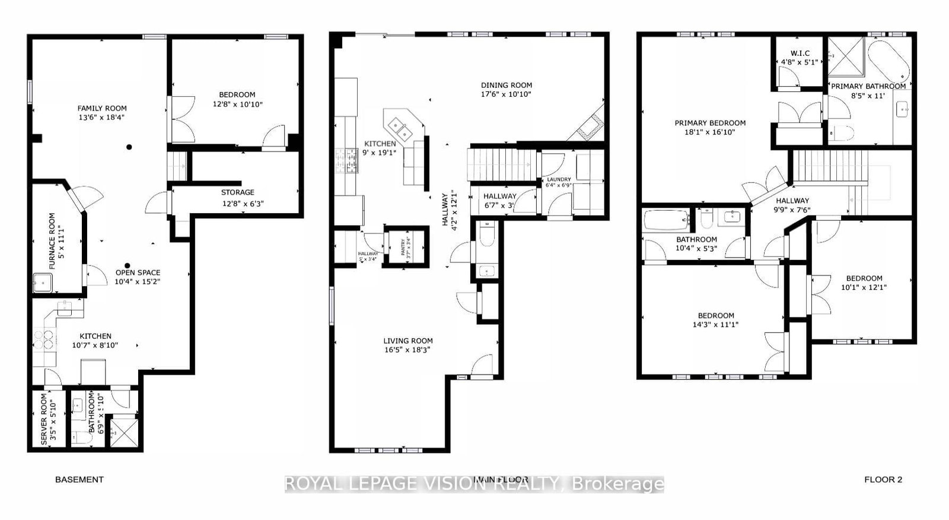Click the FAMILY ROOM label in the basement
coord(102,108)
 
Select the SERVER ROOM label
coord(44,419)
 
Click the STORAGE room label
coord(237,192)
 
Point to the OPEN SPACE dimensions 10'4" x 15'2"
coord(138,282)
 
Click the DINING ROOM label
coord(506,85)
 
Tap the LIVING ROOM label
coord(407,341)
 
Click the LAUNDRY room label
coord(559,179)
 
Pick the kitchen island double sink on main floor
coord(398,126)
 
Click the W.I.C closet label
coord(800,53)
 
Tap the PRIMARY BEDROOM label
coord(710,123)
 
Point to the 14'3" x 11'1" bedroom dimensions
coord(716,325)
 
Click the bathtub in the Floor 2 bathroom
coord(665,220)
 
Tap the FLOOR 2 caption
coord(883,480)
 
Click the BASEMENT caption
coord(79,480)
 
